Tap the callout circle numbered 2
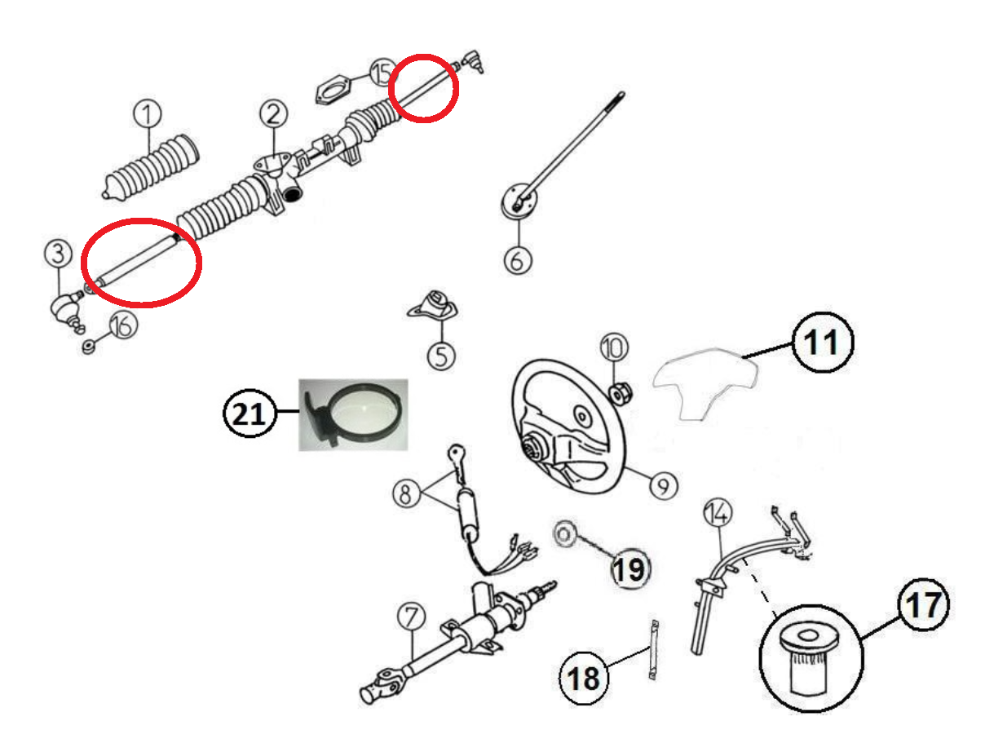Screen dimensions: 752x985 pyautogui.click(x=273, y=113)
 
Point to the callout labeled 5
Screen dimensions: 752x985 pyautogui.click(x=441, y=356)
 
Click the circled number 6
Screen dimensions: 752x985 pyautogui.click(x=518, y=260)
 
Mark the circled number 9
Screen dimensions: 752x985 pyautogui.click(x=663, y=487)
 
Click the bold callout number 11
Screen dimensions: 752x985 pyautogui.click(x=821, y=343)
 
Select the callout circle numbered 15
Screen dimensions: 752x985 pyautogui.click(x=381, y=73)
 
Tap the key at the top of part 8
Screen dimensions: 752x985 pyautogui.click(x=455, y=454)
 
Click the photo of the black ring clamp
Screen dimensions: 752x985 pyautogui.click(x=352, y=414)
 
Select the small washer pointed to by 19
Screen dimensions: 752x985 pyautogui.click(x=563, y=533)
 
